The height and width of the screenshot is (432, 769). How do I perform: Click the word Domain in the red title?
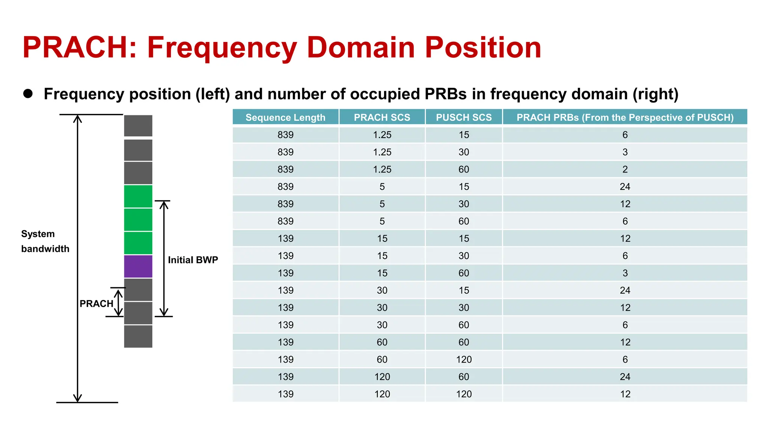point(360,48)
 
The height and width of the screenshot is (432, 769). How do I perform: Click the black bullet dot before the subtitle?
point(28,94)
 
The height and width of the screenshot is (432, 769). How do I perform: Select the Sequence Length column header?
point(285,117)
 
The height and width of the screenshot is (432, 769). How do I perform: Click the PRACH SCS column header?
point(382,117)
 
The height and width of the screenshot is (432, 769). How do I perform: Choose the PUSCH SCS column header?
point(464,117)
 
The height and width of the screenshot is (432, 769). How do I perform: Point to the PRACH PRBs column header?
point(625,117)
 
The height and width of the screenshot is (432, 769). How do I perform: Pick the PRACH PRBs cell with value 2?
point(625,169)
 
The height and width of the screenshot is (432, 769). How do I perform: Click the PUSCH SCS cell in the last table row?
point(464,394)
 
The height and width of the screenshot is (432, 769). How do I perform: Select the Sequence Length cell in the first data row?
point(285,135)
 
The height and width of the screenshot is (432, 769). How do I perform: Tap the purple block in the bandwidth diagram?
point(138,267)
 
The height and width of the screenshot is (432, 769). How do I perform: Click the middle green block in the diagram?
point(138,220)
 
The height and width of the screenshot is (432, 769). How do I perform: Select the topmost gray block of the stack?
point(138,126)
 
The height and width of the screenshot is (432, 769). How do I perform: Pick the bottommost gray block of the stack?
point(138,336)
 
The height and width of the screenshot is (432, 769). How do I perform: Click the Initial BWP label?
point(193,260)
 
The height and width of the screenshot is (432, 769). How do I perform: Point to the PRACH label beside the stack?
point(96,304)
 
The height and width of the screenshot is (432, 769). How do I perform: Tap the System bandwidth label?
point(45,241)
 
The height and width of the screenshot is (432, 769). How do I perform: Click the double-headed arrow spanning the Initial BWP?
point(164,259)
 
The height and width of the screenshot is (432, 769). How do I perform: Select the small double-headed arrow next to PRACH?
point(118,303)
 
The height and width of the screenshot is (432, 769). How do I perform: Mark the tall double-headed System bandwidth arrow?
point(77,259)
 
